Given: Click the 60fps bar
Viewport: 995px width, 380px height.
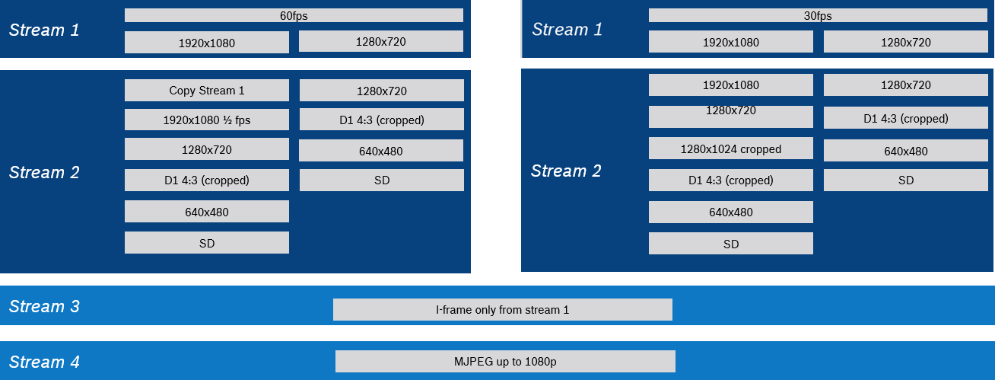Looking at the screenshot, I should (294, 15).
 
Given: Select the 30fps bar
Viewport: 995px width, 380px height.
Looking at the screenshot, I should (818, 15).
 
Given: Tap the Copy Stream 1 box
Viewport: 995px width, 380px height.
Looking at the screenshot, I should (207, 91).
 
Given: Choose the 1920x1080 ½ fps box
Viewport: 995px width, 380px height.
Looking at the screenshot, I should (207, 120).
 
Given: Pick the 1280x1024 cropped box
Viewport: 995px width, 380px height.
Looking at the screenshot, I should (730, 148).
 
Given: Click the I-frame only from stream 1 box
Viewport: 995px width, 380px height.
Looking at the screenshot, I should (502, 309).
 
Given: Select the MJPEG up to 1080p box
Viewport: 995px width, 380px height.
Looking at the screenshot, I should (505, 361).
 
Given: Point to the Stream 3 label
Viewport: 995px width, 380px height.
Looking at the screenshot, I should (44, 306).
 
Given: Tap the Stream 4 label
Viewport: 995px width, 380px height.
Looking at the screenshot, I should (44, 362).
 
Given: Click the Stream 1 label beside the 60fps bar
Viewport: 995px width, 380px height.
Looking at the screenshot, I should (44, 30).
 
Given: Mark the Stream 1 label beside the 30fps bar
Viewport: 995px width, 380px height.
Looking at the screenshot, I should (567, 30).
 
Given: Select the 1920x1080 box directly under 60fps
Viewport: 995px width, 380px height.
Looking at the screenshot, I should (207, 43).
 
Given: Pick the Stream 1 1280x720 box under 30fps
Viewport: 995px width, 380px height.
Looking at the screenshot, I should (905, 42).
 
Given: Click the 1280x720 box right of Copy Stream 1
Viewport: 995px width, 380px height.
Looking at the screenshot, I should (381, 91).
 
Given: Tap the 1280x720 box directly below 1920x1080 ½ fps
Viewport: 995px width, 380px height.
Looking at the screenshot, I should (207, 149).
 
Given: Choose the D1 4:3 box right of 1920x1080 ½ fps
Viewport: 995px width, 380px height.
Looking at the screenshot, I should (381, 120).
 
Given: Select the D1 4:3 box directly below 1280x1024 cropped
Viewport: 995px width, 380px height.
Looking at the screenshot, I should (730, 180).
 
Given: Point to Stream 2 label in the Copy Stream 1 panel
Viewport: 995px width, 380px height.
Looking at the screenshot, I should (44, 173).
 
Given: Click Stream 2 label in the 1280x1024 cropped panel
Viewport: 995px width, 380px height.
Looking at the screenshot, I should (565, 171).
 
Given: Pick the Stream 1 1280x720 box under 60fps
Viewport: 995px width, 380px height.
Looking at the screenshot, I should (380, 41).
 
